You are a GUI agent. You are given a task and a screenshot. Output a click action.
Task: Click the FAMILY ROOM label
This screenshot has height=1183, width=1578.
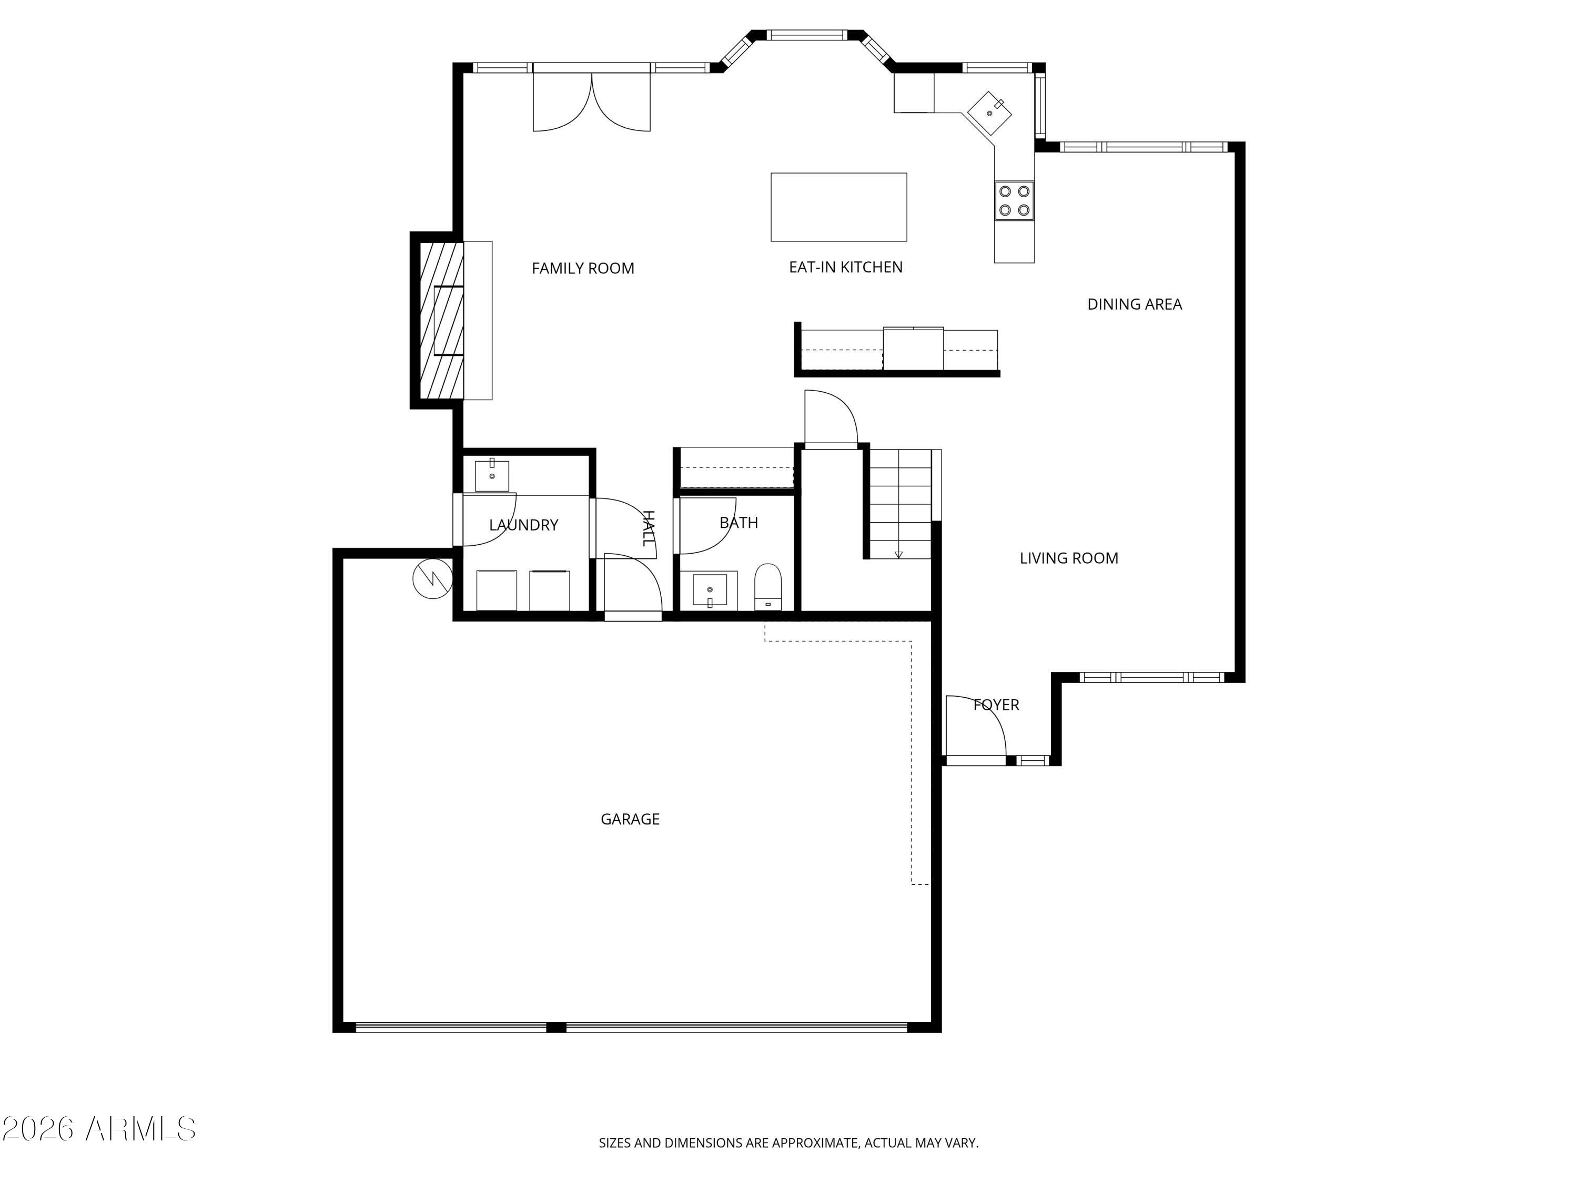click(x=583, y=269)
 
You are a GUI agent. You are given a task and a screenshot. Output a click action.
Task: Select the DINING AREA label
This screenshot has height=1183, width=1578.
click(x=1134, y=304)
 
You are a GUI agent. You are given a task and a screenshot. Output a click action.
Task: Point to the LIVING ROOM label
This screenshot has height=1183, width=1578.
click(x=1069, y=558)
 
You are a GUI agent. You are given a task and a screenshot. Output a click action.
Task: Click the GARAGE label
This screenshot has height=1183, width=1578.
click(x=630, y=819)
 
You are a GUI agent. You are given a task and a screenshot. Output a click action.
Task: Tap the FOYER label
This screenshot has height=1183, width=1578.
click(x=996, y=705)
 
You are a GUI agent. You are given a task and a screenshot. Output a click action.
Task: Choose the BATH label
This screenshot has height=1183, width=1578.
click(x=739, y=523)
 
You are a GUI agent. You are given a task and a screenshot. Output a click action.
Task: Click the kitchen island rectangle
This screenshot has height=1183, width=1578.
click(x=838, y=207)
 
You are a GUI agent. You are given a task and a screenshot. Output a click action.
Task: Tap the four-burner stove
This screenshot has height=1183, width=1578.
click(x=1014, y=200)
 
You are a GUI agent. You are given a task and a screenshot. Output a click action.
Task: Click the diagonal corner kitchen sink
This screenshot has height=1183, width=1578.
click(x=989, y=113)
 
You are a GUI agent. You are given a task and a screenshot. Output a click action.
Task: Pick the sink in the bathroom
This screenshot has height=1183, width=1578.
click(x=710, y=590)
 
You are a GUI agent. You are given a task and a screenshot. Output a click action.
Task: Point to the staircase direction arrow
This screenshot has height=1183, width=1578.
click(x=898, y=553)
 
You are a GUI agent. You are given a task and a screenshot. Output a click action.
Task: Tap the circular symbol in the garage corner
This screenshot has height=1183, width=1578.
click(x=432, y=579)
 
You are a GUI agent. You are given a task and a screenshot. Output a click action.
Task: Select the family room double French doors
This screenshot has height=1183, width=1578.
click(x=591, y=100)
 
